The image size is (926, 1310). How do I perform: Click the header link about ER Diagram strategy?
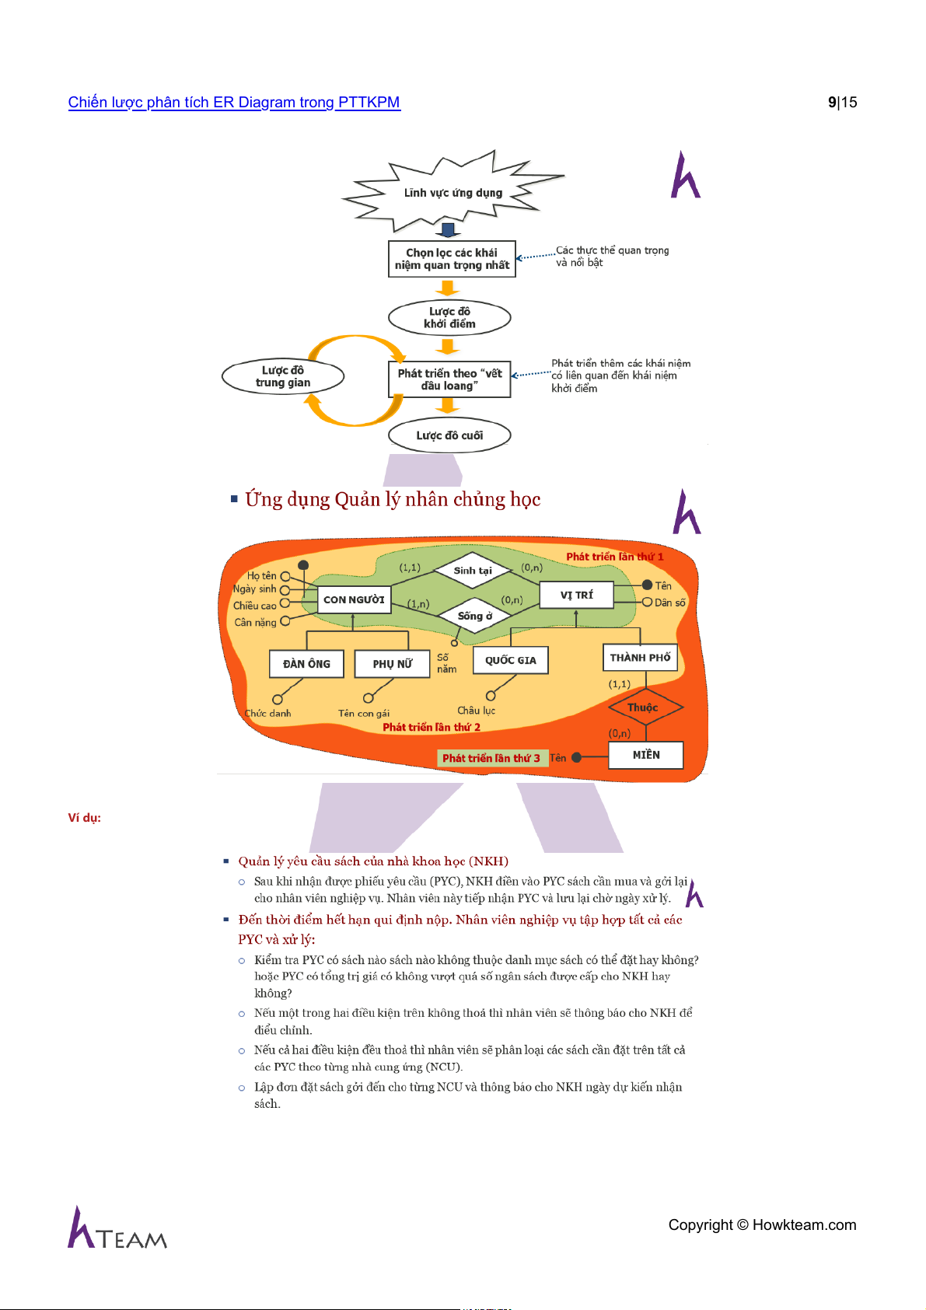(x=234, y=103)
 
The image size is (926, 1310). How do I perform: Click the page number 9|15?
(x=842, y=103)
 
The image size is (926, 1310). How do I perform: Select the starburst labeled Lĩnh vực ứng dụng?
(x=453, y=193)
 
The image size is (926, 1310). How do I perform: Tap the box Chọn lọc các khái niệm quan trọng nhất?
(x=452, y=259)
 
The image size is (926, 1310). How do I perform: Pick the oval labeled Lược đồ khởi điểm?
(x=449, y=317)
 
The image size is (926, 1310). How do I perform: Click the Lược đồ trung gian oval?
(x=283, y=376)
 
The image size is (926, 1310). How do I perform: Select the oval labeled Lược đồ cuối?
(x=449, y=435)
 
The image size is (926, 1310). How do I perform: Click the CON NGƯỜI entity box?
(x=354, y=599)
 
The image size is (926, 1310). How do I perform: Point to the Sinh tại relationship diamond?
(x=473, y=571)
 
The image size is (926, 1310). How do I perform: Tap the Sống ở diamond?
(x=474, y=616)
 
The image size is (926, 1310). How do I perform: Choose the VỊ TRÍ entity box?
(x=576, y=595)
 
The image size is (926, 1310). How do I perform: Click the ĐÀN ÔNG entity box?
(x=306, y=664)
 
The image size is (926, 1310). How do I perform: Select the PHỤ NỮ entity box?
(x=392, y=664)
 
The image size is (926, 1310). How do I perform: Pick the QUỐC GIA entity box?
(x=510, y=660)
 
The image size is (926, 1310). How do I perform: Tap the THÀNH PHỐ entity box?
(x=640, y=658)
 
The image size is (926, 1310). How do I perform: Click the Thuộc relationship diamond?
(x=643, y=707)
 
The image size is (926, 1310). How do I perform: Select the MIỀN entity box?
(x=646, y=755)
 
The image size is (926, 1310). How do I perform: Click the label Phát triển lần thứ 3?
(x=491, y=758)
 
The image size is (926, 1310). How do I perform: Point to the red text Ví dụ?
(x=84, y=818)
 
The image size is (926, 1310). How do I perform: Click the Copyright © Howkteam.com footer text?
(x=762, y=1225)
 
